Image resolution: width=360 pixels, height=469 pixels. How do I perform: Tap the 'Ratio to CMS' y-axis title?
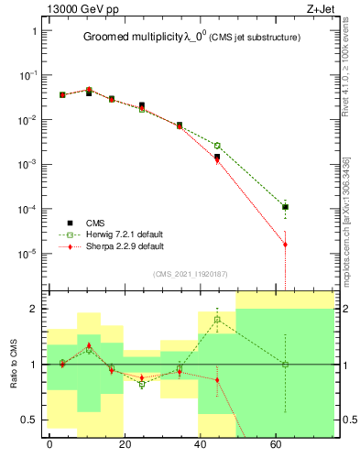coord(13,364)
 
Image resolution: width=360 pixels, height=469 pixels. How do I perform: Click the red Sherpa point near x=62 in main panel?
coord(286,245)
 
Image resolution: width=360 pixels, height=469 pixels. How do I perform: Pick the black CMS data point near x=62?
coord(286,207)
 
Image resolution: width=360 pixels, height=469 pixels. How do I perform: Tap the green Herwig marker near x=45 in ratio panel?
coord(217,320)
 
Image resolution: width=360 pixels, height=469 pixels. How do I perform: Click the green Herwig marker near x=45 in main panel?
coord(217,146)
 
